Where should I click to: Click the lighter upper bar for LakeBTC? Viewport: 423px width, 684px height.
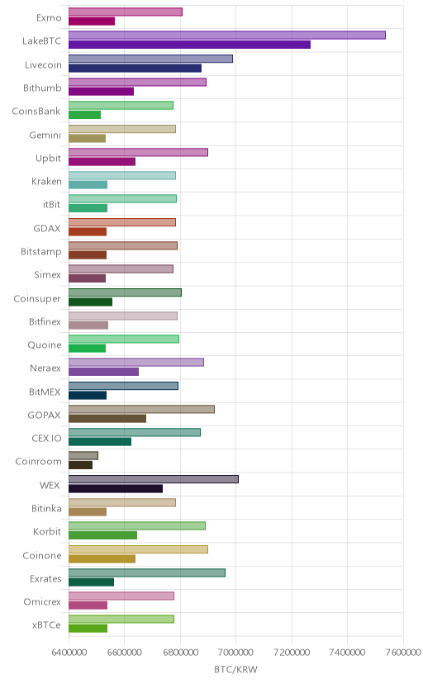pos(226,36)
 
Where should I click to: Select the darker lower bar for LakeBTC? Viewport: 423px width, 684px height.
pos(189,45)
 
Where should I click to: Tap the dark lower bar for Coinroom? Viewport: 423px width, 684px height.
pos(80,465)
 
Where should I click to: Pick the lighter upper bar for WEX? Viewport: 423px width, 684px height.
pos(154,479)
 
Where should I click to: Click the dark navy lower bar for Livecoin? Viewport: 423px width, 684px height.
pos(135,68)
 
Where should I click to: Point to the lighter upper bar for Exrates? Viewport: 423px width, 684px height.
pos(147,572)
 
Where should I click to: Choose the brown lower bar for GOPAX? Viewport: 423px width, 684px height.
pos(107,418)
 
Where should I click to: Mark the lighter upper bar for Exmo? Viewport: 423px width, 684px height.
pos(125,12)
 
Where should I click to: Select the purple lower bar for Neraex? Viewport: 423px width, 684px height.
pos(103,372)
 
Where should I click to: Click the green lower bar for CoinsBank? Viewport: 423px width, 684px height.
pos(84,115)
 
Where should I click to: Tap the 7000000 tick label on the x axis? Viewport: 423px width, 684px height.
pos(236,652)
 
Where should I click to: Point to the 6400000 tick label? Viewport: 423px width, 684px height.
pos(69,652)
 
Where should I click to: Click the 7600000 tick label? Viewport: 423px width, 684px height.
pos(403,652)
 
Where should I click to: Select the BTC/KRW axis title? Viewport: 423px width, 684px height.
pos(236,669)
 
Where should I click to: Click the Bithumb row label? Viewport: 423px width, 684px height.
pos(42,88)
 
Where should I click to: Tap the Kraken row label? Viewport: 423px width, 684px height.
pos(46,181)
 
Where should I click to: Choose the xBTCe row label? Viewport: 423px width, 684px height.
pos(46,625)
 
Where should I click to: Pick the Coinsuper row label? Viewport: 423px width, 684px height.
pos(37,299)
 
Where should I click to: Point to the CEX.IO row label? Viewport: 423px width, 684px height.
pos(46,438)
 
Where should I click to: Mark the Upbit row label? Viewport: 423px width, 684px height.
pos(49,158)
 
